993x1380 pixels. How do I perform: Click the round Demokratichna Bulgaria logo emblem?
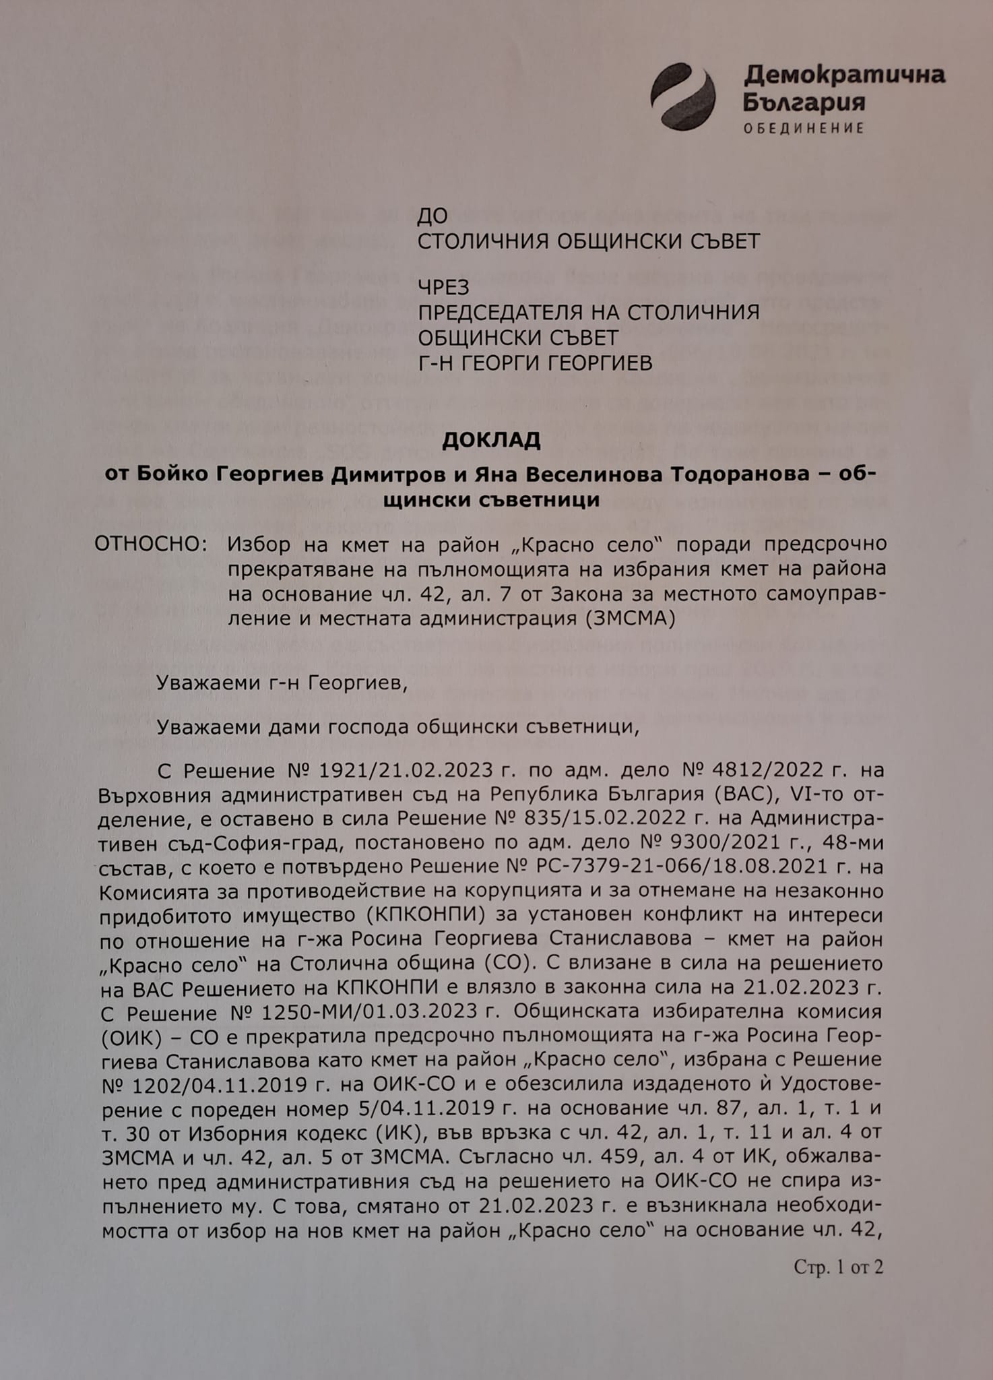(x=682, y=96)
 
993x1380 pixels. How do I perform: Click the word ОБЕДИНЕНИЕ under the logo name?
(x=803, y=128)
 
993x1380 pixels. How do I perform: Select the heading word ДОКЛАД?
(x=491, y=440)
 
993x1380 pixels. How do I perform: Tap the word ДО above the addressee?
(x=433, y=216)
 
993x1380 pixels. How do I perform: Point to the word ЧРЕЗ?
(x=443, y=288)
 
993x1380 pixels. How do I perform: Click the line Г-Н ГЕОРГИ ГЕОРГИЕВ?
(x=535, y=364)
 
